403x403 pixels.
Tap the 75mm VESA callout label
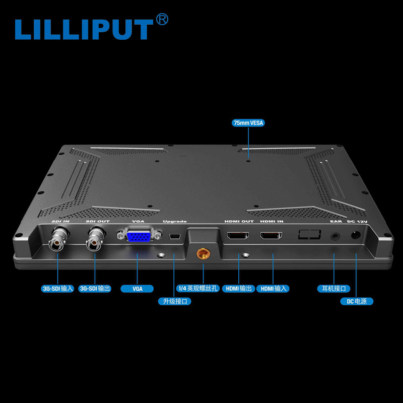click(248, 123)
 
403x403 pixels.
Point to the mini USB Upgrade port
click(174, 237)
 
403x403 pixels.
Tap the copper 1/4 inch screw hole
click(204, 253)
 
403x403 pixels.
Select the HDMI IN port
click(272, 236)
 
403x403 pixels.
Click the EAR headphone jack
click(334, 235)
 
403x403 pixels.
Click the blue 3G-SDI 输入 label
click(58, 289)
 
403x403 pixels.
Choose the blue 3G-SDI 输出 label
click(95, 289)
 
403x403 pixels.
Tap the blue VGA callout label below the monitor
click(137, 289)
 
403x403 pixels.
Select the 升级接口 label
click(174, 301)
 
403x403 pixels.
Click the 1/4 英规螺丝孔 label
click(197, 289)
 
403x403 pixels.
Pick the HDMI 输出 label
click(239, 289)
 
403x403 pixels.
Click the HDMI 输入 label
click(273, 289)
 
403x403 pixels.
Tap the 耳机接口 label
click(333, 289)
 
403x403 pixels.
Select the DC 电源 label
click(357, 301)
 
